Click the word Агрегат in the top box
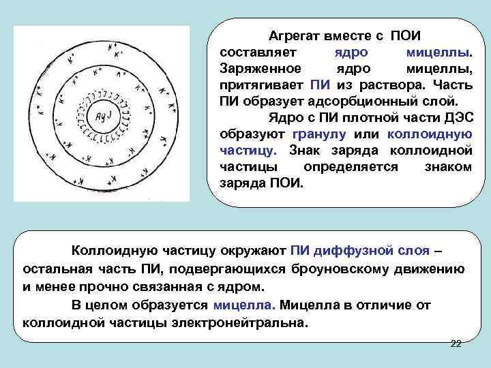click(291, 35)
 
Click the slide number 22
click(456, 343)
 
